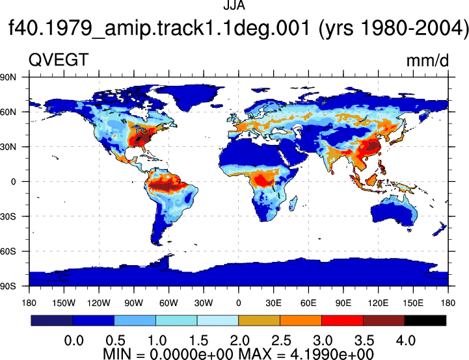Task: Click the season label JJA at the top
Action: click(x=234, y=5)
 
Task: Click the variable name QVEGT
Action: click(x=59, y=60)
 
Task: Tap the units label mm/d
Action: click(x=427, y=60)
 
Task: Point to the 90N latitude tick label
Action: click(x=8, y=77)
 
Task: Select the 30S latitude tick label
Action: click(x=8, y=216)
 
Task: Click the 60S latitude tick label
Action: click(x=8, y=251)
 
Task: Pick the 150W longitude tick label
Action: click(x=64, y=303)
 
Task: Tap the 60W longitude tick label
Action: click(x=168, y=303)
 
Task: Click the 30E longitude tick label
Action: click(x=273, y=303)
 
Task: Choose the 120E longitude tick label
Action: click(x=378, y=303)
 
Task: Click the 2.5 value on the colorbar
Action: click(x=281, y=341)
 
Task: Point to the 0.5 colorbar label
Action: click(x=115, y=341)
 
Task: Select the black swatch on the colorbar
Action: click(x=425, y=320)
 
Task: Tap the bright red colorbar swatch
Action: click(x=342, y=320)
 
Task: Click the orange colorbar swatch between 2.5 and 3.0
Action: click(x=301, y=320)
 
